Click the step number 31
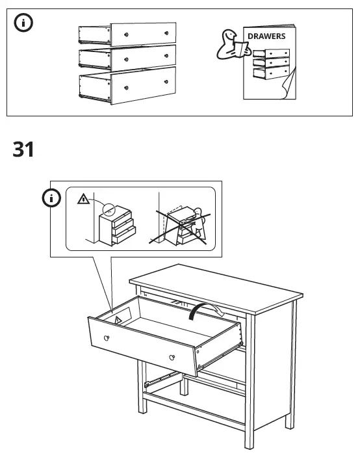click(x=23, y=150)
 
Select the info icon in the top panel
click(x=24, y=23)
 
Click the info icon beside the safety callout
click(x=51, y=198)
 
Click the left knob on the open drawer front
click(x=107, y=337)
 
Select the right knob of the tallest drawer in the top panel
click(x=167, y=81)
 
